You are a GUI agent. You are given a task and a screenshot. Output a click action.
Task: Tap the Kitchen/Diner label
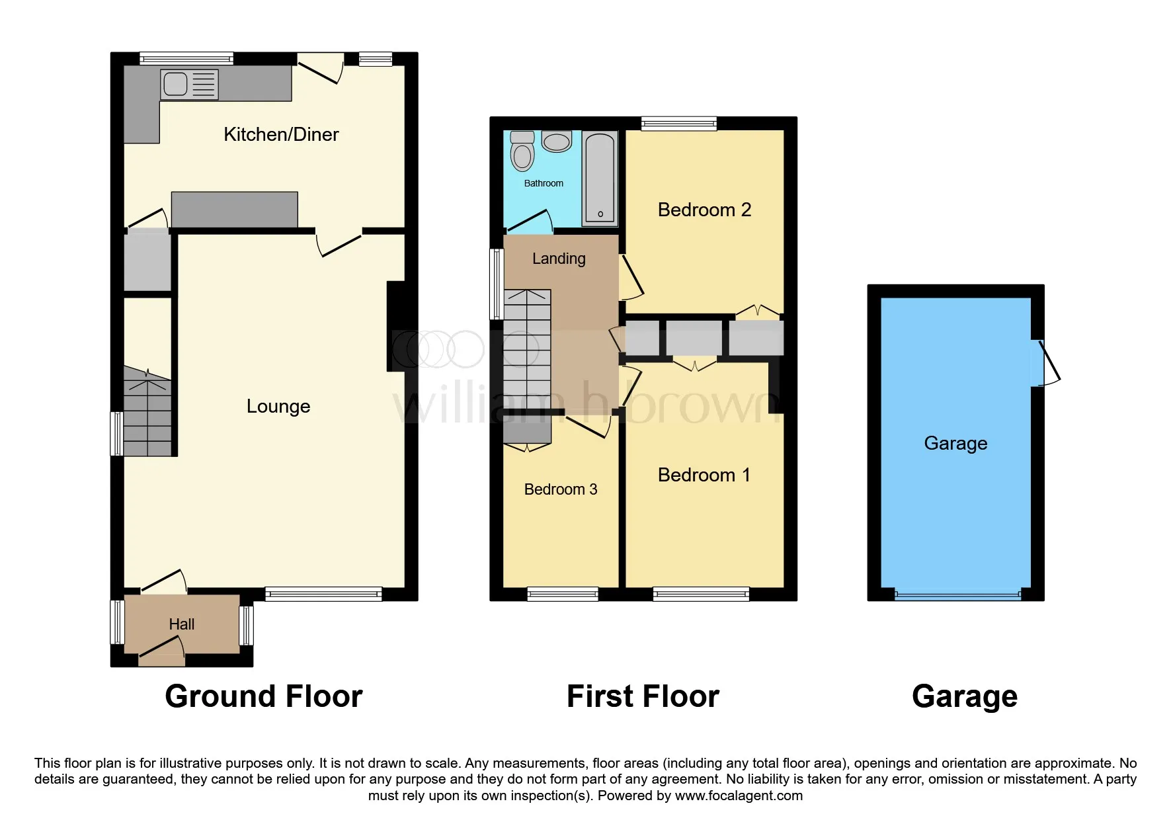tap(281, 134)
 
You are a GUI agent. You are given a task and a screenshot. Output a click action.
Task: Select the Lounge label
tap(278, 406)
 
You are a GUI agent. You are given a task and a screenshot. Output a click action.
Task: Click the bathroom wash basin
tap(557, 142)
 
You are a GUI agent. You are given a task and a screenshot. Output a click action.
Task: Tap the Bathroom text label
tap(544, 183)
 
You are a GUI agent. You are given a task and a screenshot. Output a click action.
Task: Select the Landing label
tap(559, 259)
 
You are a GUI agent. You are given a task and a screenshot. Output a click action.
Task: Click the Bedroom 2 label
tap(704, 210)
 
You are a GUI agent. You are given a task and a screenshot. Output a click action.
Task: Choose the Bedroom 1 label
tap(704, 475)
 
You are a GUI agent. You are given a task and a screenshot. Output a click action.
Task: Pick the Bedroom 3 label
tap(561, 489)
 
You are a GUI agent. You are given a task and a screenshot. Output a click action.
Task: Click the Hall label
tap(181, 624)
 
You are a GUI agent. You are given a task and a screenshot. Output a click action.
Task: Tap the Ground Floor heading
tap(264, 696)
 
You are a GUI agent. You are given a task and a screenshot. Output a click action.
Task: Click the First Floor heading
tap(643, 696)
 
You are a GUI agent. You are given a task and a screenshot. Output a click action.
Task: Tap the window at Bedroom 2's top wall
tap(679, 123)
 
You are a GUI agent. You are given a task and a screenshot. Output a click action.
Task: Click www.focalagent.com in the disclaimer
tap(739, 796)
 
